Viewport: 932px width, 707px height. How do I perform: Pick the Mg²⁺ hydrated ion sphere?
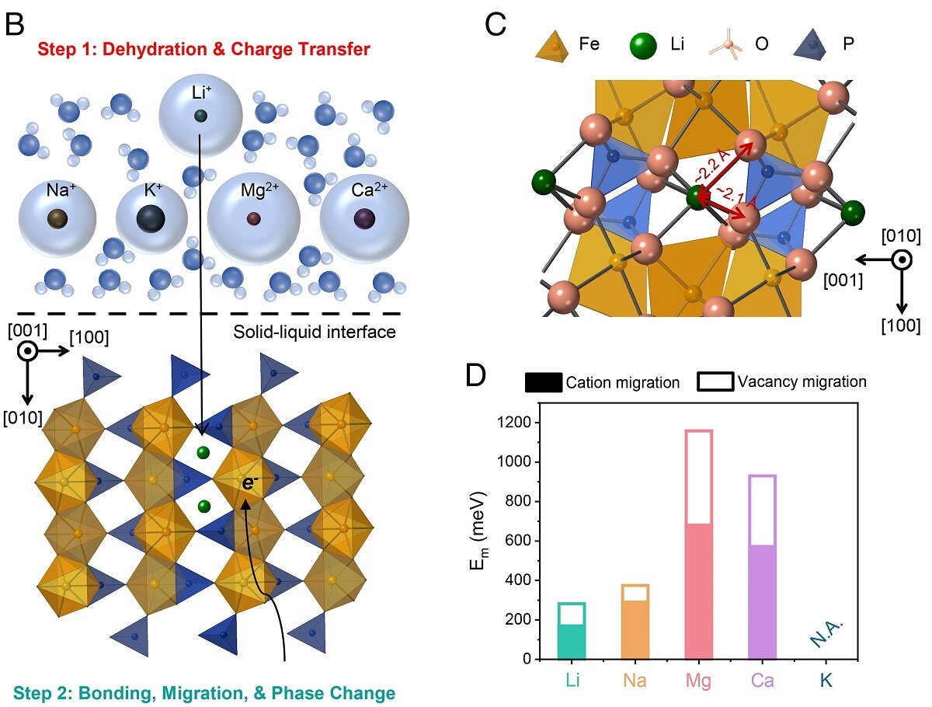(x=253, y=218)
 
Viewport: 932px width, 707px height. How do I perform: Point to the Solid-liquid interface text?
(x=315, y=333)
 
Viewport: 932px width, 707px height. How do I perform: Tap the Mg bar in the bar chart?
(x=698, y=544)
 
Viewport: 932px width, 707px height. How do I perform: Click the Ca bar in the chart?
(x=762, y=567)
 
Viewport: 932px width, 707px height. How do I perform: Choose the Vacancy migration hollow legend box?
(x=715, y=381)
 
